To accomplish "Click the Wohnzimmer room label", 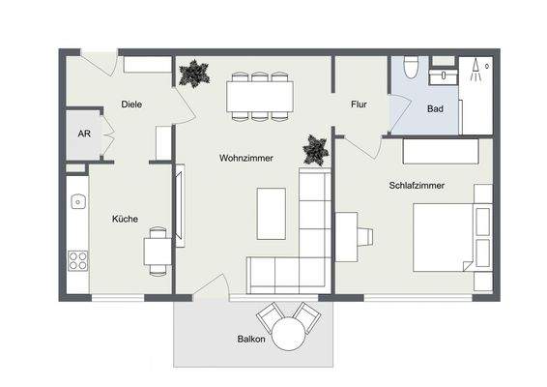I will pyautogui.click(x=245, y=157).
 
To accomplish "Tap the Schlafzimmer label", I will pyautogui.click(x=417, y=185).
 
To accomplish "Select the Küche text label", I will pyautogui.click(x=125, y=219).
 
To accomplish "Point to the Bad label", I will pyautogui.click(x=435, y=108).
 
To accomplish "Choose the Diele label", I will pyautogui.click(x=132, y=104).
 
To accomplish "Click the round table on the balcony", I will pyautogui.click(x=288, y=335).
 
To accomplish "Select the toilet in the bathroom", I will pyautogui.click(x=411, y=67).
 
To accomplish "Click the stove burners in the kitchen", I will pyautogui.click(x=77, y=260).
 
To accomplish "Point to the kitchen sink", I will pyautogui.click(x=77, y=204).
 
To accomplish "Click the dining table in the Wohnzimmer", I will pyautogui.click(x=260, y=96).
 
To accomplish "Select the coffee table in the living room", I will pyautogui.click(x=272, y=213).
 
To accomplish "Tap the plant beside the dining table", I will pyautogui.click(x=194, y=74).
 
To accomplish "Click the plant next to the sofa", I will pyautogui.click(x=316, y=149).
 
